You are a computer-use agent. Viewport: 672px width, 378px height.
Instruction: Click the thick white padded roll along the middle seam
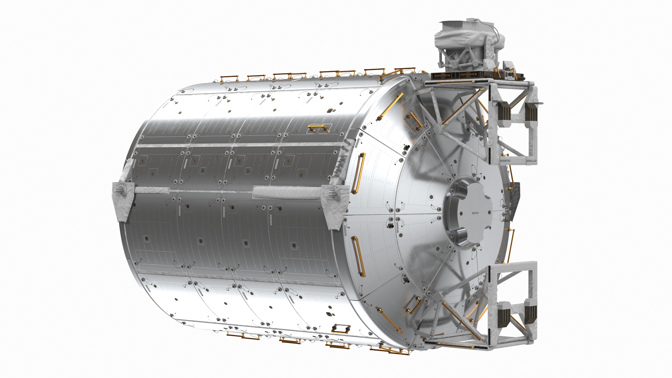[x=271, y=191]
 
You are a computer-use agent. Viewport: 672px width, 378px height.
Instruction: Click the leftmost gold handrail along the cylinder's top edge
[x=229, y=77]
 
